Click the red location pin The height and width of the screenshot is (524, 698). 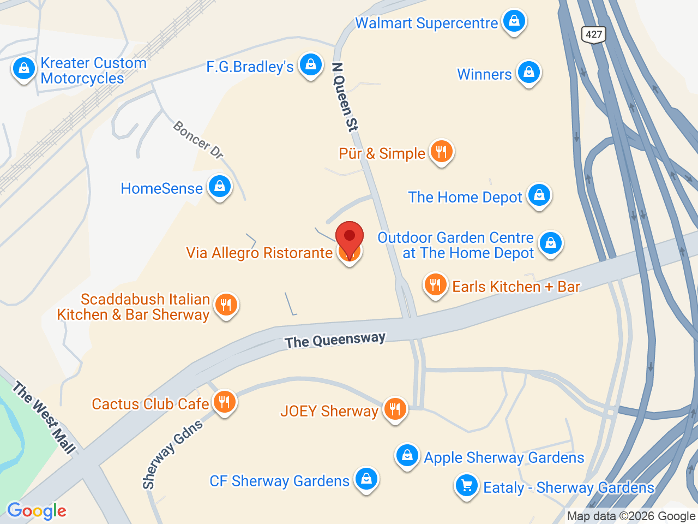pos(350,236)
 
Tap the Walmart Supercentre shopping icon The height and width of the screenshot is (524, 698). pos(514,21)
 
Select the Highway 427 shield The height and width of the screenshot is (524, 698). pos(593,35)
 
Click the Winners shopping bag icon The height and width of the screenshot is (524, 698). pos(528,72)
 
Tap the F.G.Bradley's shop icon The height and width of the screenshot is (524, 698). pos(310,65)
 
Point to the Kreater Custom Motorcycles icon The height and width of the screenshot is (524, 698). pos(23,69)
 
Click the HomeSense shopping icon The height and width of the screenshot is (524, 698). pos(220,187)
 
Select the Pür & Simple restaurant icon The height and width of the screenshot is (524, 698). pos(442,152)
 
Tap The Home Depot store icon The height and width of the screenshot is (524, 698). pos(539,195)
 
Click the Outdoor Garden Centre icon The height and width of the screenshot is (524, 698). pos(550,243)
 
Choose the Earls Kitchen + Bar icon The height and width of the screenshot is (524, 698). pos(435,285)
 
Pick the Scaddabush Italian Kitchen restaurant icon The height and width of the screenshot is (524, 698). pos(226,305)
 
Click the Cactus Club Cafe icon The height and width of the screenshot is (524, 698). pos(224,403)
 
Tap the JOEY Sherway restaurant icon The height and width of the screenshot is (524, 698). pos(395,409)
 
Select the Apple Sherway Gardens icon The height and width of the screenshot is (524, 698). pos(407,456)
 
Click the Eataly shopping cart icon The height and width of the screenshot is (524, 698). pos(467,486)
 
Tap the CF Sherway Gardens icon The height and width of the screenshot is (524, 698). pos(366,479)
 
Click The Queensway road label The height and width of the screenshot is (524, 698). pos(335,340)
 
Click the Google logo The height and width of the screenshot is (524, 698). pos(37,511)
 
